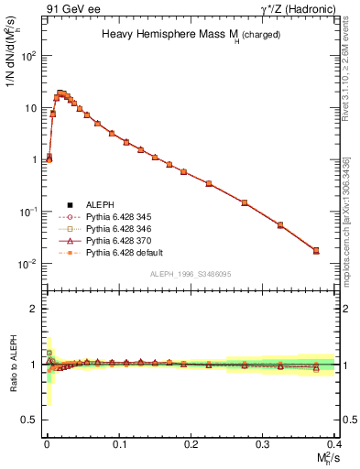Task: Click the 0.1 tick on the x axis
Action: [118, 444]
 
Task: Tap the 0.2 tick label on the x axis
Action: [191, 444]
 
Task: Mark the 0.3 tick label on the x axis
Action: [263, 444]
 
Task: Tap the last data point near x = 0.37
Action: [316, 250]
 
